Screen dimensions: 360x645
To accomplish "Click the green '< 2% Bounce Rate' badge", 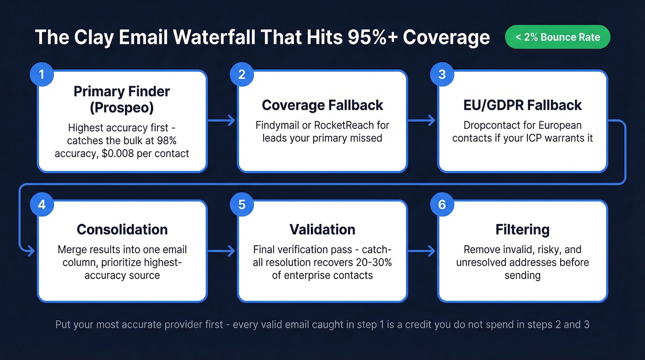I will click(x=557, y=37).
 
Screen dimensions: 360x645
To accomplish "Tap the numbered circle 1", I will click(x=41, y=75).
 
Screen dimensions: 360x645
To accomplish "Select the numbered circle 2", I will click(x=242, y=75).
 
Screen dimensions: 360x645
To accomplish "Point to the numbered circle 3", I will click(x=442, y=75).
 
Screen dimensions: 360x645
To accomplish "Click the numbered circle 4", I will click(x=41, y=204).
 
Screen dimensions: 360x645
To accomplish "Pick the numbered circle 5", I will click(x=242, y=204).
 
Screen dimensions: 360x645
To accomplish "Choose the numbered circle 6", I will click(x=442, y=204).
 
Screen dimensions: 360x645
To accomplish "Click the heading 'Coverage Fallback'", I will click(x=322, y=105).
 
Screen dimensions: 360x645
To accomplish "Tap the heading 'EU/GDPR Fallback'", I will click(x=522, y=105).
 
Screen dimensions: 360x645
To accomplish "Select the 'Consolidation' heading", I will click(x=122, y=230).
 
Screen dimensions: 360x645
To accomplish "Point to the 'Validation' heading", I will click(x=322, y=230).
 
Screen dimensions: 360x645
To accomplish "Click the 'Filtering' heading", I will click(x=522, y=230).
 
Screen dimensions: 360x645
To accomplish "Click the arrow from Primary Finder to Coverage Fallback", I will click(x=222, y=121).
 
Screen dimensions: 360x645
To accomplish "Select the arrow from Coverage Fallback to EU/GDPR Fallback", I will click(x=422, y=121).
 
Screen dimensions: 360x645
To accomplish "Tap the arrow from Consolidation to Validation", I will click(x=222, y=251).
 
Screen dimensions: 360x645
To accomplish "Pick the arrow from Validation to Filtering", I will click(x=422, y=251).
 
